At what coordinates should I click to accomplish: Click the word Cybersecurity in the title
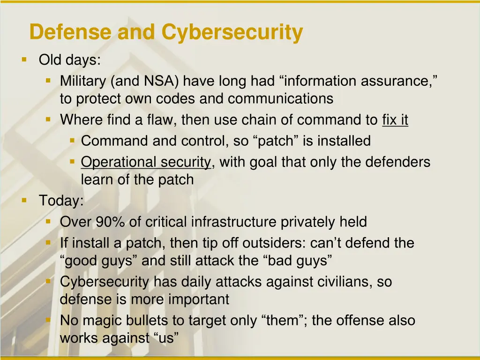[x=232, y=33]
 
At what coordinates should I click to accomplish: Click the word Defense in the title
[x=70, y=33]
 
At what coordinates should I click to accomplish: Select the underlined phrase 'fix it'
[x=395, y=120]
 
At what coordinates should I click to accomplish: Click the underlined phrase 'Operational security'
[x=146, y=162]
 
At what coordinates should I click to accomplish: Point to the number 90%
[x=110, y=222]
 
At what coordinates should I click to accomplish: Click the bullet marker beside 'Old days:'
[x=24, y=60]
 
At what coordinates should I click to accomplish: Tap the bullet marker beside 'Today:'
[x=24, y=200]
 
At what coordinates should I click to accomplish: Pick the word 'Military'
[x=83, y=82]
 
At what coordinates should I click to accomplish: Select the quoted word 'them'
[x=283, y=321]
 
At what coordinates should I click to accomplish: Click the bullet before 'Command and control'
[x=72, y=140]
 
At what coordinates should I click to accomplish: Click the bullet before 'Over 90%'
[x=48, y=221]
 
